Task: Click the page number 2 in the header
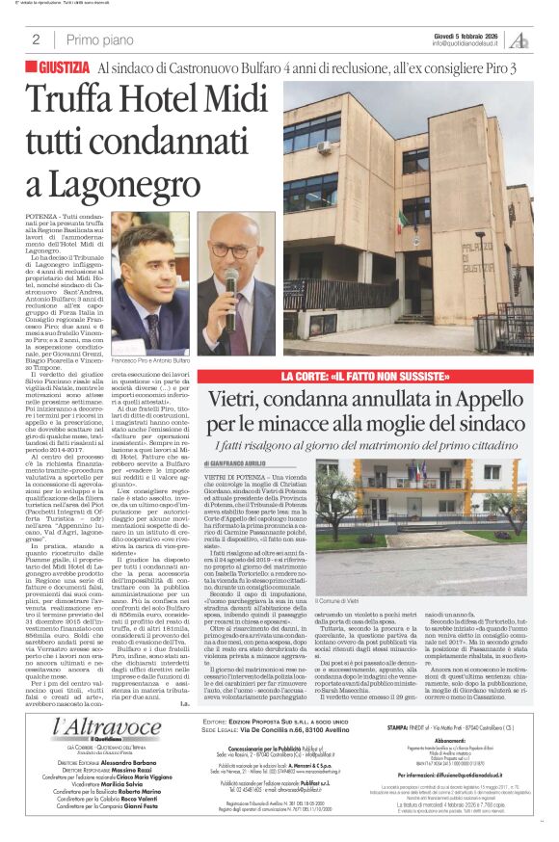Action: point(36,39)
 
